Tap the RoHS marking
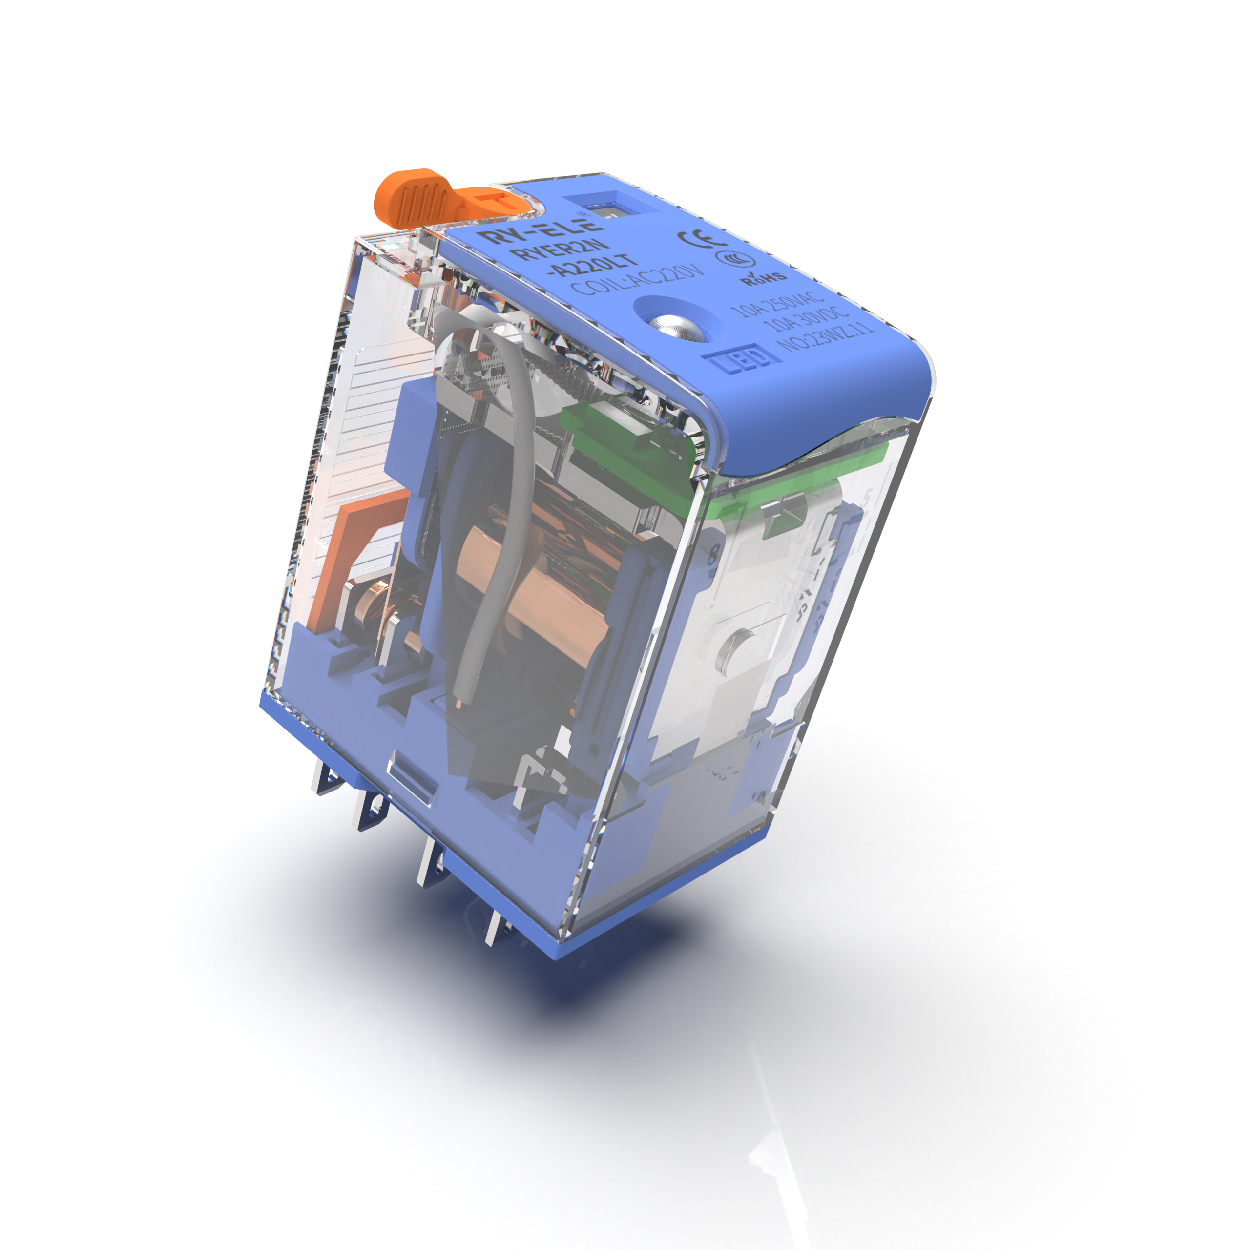[764, 278]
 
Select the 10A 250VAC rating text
[777, 303]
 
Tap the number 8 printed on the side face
[715, 554]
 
